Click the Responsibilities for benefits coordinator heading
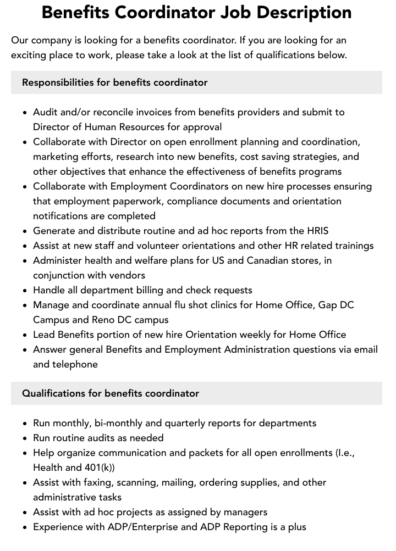114,82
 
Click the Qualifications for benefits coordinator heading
111,393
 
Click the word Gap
329,305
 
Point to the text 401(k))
97,467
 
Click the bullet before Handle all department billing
25,291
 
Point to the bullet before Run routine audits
25,438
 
